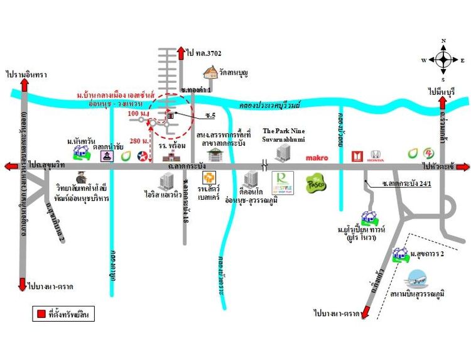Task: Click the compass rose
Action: pyautogui.click(x=443, y=60)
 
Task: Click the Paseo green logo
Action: pyautogui.click(x=315, y=184)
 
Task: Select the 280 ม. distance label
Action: pyautogui.click(x=138, y=140)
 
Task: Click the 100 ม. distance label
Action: pyautogui.click(x=136, y=114)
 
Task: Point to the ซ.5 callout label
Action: pyautogui.click(x=210, y=116)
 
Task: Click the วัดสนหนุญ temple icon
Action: pyautogui.click(x=209, y=74)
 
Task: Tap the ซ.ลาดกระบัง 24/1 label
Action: pyautogui.click(x=409, y=184)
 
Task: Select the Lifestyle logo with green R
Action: pyautogui.click(x=283, y=183)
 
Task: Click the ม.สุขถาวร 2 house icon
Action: pyautogui.click(x=398, y=254)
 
